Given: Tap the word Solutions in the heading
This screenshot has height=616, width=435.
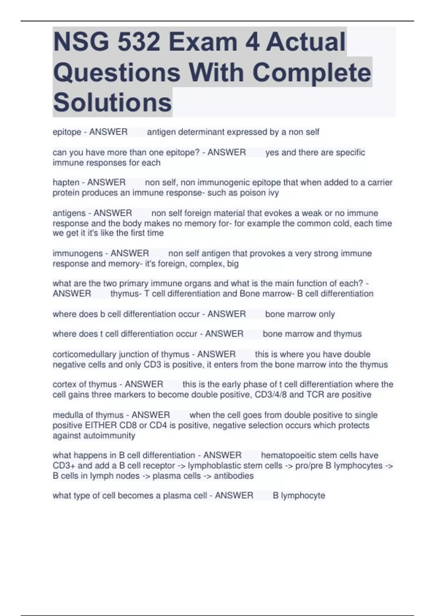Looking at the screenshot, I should point(112,103).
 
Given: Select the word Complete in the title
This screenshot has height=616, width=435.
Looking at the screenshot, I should point(312,72).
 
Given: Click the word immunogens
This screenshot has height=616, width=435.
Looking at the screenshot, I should point(78,253).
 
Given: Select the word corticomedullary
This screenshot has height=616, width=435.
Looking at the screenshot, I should point(84,354).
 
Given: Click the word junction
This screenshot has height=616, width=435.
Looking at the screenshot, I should point(138,354).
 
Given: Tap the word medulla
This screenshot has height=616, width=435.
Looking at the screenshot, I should point(68,415).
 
